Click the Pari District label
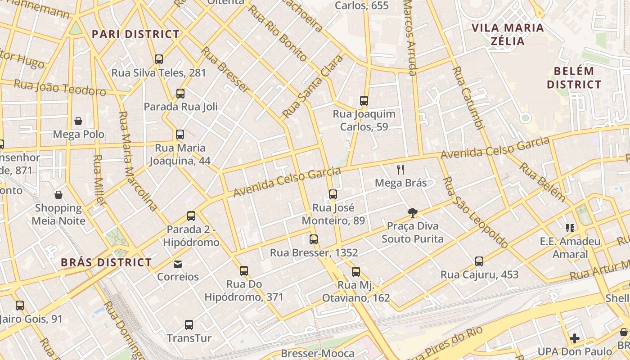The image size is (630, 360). click(x=135, y=34)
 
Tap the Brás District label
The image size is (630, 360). click(x=106, y=262)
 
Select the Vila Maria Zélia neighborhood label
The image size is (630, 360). click(x=508, y=34)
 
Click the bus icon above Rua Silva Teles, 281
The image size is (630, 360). click(x=158, y=59)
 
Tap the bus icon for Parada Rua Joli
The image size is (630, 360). click(x=180, y=94)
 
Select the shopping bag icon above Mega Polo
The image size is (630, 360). click(x=78, y=121)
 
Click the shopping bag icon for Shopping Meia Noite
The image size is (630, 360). click(x=58, y=195)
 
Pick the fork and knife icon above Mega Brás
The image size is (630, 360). click(x=400, y=170)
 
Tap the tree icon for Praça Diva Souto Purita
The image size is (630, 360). click(x=412, y=213)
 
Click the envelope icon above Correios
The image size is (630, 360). click(x=178, y=264)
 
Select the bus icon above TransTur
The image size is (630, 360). click(x=189, y=324)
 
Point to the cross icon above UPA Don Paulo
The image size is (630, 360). click(x=575, y=338)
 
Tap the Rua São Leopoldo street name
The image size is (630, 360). click(x=475, y=213)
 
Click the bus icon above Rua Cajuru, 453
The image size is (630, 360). click(x=479, y=261)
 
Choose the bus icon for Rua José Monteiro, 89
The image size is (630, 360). click(x=333, y=194)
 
